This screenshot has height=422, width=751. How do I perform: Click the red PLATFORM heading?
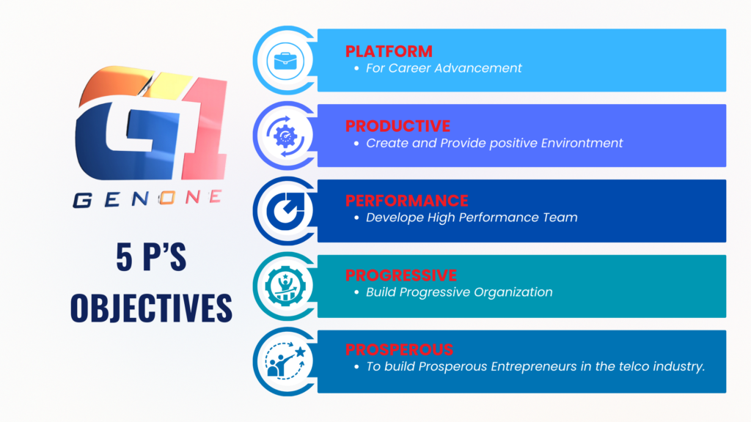pyautogui.click(x=389, y=51)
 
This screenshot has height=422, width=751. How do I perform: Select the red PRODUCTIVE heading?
pyautogui.click(x=398, y=126)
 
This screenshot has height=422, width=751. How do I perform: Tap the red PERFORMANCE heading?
pyautogui.click(x=407, y=201)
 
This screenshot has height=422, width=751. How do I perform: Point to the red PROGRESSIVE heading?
pyautogui.click(x=401, y=275)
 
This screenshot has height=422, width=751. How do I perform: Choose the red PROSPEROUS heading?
pyautogui.click(x=400, y=349)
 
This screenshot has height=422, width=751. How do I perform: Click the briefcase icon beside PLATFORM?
pyautogui.click(x=285, y=61)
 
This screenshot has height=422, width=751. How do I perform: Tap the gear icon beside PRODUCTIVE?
pyautogui.click(x=285, y=136)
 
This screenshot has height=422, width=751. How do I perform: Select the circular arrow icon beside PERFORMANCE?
pyautogui.click(x=285, y=211)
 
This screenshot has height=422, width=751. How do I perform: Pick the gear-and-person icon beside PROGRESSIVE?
pyautogui.click(x=285, y=286)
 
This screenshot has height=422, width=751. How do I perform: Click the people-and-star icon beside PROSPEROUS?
pyautogui.click(x=286, y=360)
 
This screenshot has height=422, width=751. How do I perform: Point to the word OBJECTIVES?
pyautogui.click(x=151, y=308)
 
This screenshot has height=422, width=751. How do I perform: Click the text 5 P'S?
pyautogui.click(x=151, y=257)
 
